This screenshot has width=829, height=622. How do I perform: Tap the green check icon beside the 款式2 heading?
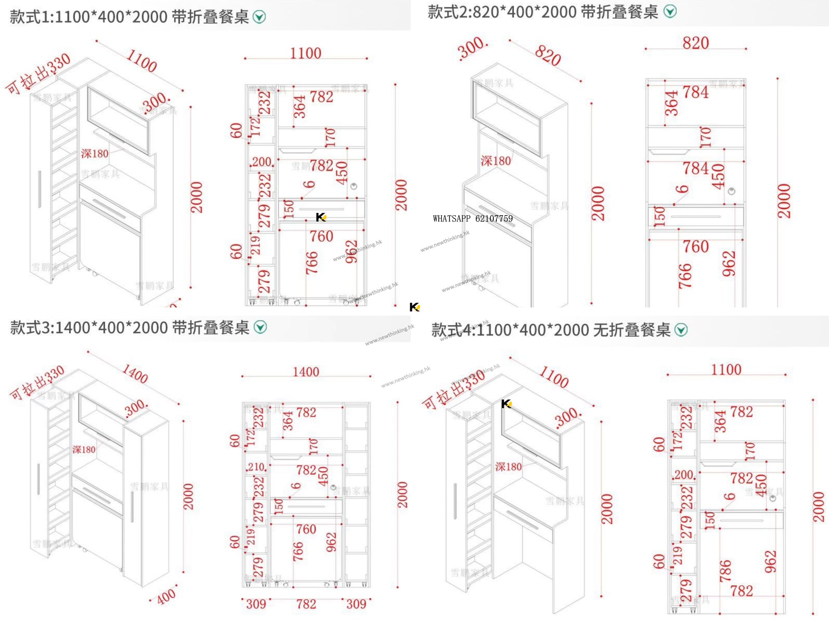pyautogui.click(x=670, y=12)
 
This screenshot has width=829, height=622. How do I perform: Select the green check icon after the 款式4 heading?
pyautogui.click(x=681, y=330)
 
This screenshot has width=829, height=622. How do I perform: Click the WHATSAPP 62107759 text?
pyautogui.click(x=472, y=219)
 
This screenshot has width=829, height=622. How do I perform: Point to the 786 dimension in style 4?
pyautogui.click(x=725, y=571)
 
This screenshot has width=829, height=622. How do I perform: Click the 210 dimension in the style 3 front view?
pyautogui.click(x=256, y=467)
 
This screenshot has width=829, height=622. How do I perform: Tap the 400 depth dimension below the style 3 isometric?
pyautogui.click(x=166, y=596)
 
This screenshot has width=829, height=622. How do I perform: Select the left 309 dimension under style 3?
pyautogui.click(x=256, y=604)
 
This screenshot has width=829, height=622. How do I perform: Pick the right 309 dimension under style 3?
pyautogui.click(x=356, y=604)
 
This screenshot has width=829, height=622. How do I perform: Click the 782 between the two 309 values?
pyautogui.click(x=306, y=604)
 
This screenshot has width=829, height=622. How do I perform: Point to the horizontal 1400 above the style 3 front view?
pyautogui.click(x=306, y=372)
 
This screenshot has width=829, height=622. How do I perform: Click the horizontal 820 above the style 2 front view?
pyautogui.click(x=696, y=43)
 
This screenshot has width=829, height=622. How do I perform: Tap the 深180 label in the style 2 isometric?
pyautogui.click(x=496, y=161)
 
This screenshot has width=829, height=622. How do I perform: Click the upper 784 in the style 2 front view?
pyautogui.click(x=696, y=92)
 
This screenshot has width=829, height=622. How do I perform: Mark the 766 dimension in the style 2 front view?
pyautogui.click(x=685, y=276)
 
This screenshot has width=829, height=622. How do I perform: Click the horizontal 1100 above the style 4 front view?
pyautogui.click(x=726, y=370)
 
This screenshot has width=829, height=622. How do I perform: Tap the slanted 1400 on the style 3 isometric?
pyautogui.click(x=135, y=374)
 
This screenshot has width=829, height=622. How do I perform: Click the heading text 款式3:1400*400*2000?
pyautogui.click(x=130, y=328)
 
